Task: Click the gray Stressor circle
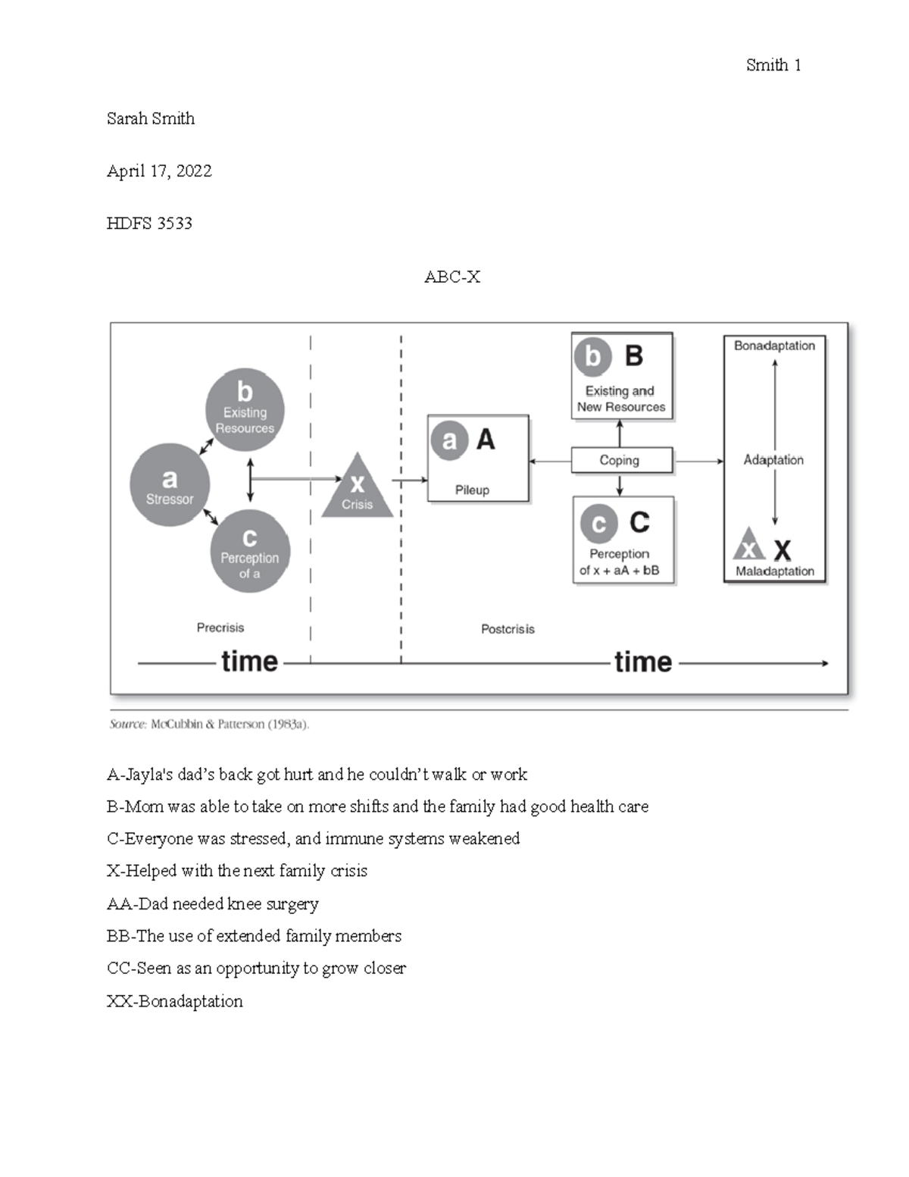(x=170, y=485)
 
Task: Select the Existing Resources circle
(x=245, y=410)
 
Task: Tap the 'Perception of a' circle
(x=249, y=551)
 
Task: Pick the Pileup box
(x=478, y=459)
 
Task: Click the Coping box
(x=621, y=460)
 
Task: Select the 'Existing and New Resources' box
(x=621, y=376)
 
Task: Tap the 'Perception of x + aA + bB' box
(x=623, y=540)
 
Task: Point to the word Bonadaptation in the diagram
(x=774, y=346)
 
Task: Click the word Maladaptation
(x=775, y=571)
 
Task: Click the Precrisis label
(x=220, y=628)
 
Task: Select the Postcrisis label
(x=508, y=629)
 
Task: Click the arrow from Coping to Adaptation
(x=698, y=461)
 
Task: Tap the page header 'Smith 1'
(x=773, y=65)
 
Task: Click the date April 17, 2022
(x=159, y=171)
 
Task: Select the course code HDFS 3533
(x=149, y=224)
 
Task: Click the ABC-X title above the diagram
(x=452, y=277)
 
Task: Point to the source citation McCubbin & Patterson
(x=210, y=725)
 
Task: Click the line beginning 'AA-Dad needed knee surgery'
(x=213, y=904)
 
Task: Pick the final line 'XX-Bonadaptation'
(x=175, y=1001)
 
